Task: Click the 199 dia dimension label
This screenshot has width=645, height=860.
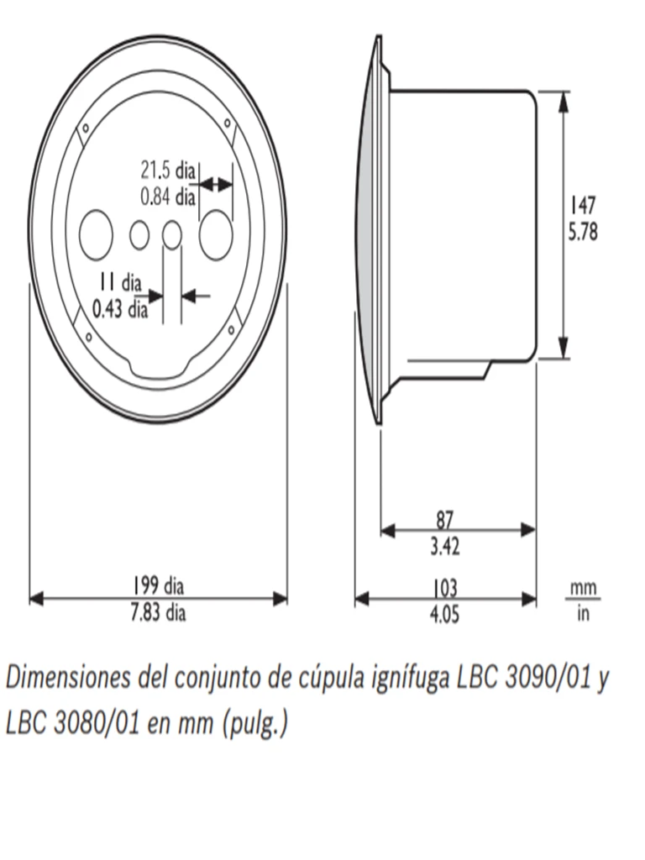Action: coord(158,585)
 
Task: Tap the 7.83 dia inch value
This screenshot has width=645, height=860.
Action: coord(158,613)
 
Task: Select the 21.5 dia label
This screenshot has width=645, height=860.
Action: coord(167,170)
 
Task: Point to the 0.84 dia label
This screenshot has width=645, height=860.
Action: coord(167,197)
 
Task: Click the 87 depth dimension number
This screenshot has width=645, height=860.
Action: coord(445,519)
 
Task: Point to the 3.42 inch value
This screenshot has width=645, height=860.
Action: coord(445,548)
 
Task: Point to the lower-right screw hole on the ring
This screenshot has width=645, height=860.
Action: coord(229,333)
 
